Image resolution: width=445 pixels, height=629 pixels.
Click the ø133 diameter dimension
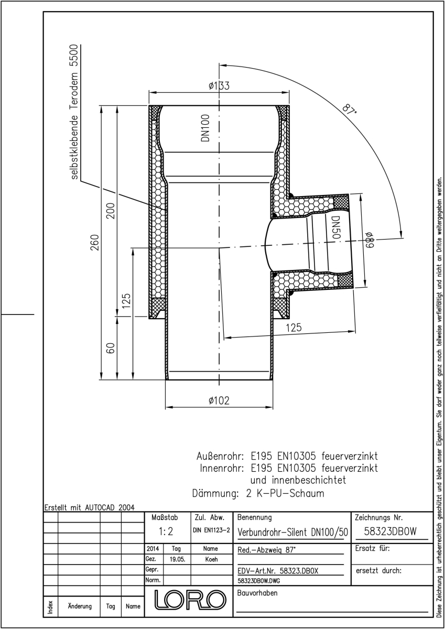(x=219, y=85)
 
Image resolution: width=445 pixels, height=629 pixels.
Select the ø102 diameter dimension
(x=219, y=400)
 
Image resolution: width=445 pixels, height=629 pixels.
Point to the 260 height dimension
(x=95, y=243)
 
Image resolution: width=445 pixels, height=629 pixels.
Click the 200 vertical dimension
(x=111, y=211)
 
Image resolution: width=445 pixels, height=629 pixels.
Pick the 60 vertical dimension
(x=111, y=348)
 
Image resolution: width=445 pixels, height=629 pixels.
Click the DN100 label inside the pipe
(x=205, y=128)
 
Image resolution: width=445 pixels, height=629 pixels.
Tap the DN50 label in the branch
(x=336, y=227)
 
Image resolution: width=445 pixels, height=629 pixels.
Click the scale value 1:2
(x=166, y=532)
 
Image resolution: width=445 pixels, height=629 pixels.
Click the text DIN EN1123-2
(x=211, y=530)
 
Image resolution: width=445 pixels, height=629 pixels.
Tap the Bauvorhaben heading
(x=257, y=593)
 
